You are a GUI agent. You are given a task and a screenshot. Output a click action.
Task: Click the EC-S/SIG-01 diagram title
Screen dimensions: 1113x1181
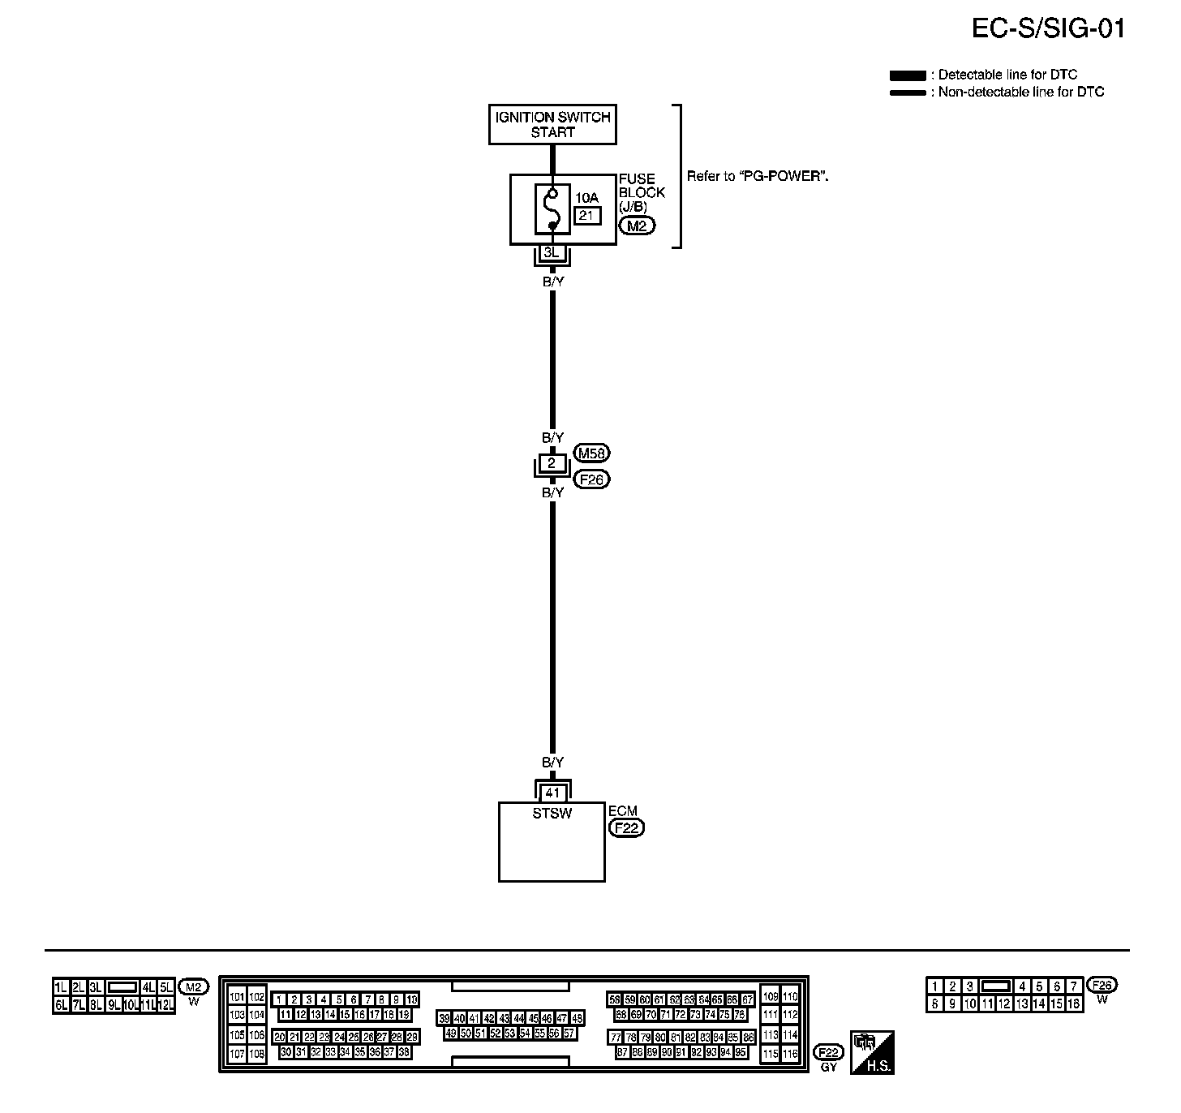click(1048, 28)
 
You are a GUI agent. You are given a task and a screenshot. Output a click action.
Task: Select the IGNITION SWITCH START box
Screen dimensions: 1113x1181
click(552, 125)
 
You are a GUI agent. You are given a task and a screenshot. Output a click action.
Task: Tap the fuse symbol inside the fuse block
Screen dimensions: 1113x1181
click(552, 209)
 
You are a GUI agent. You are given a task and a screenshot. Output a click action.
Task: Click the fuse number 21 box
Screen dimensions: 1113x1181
click(587, 216)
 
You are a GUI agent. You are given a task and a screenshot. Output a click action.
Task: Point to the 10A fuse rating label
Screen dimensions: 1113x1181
click(586, 198)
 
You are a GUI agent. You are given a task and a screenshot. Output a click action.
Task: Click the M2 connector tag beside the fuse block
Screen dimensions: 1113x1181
click(637, 226)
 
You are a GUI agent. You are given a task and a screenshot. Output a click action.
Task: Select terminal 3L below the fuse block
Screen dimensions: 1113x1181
click(552, 253)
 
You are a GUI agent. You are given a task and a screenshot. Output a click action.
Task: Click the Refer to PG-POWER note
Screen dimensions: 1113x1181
click(758, 176)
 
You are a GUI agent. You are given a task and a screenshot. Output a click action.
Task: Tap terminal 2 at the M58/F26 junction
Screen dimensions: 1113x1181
click(552, 464)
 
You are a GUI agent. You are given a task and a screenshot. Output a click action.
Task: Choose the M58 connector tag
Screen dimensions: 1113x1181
click(591, 453)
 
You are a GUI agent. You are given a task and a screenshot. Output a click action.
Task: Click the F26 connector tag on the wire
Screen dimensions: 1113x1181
click(591, 479)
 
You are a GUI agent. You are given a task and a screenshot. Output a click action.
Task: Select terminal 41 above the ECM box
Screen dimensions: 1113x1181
click(552, 793)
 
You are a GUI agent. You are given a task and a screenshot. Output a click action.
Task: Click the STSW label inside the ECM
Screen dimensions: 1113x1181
click(552, 813)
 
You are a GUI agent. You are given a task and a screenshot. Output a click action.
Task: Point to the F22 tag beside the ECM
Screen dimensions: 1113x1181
click(626, 828)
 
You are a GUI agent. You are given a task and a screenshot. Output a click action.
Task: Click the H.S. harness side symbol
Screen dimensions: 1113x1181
click(872, 1052)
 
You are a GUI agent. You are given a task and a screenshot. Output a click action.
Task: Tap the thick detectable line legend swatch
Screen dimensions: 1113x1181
click(908, 75)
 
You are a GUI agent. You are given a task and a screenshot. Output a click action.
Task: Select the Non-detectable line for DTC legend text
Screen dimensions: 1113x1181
click(1021, 92)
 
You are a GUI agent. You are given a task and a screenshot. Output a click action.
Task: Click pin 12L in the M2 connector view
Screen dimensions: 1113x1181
click(166, 1005)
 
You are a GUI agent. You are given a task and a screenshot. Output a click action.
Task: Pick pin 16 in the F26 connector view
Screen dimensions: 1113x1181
click(1074, 1004)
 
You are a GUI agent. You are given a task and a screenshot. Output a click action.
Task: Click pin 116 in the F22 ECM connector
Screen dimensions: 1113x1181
click(789, 1054)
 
